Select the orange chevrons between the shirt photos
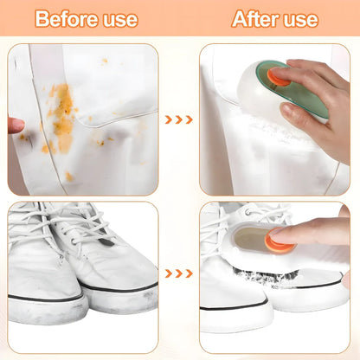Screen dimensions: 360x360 (x=179, y=120)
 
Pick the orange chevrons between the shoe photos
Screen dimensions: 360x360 (x=179, y=273)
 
